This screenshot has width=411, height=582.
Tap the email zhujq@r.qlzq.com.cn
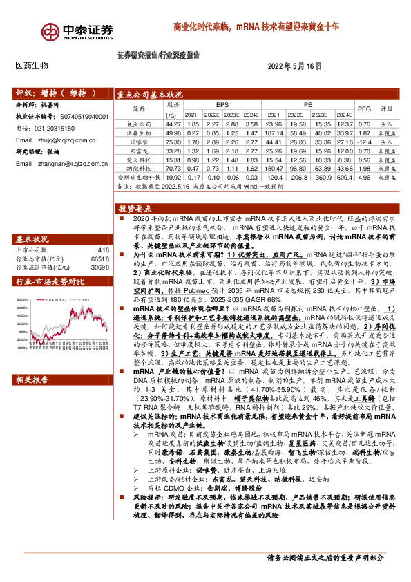63,140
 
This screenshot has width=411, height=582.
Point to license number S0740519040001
79,118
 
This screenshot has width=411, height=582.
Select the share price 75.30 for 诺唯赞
173,140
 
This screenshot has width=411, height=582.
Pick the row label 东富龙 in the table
140,149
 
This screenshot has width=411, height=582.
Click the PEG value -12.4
363,140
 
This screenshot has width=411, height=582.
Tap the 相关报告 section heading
32,361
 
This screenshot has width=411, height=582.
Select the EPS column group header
222,104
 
